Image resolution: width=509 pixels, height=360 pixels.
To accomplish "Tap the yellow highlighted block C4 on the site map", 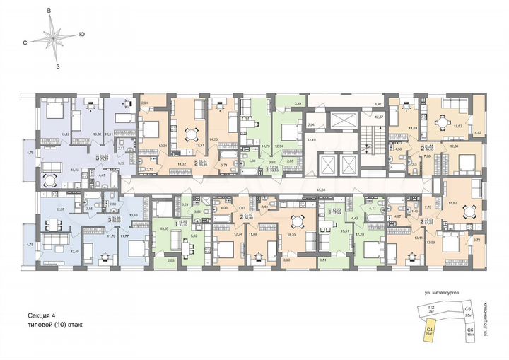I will (x=429, y=330).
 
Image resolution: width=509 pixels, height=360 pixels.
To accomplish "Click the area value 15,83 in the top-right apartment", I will (x=457, y=126).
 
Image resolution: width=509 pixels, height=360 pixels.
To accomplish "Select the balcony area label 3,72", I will (x=478, y=241).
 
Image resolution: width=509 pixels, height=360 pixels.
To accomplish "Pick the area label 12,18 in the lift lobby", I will (x=312, y=140).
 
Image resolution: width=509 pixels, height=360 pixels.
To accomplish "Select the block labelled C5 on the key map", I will (x=468, y=310).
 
